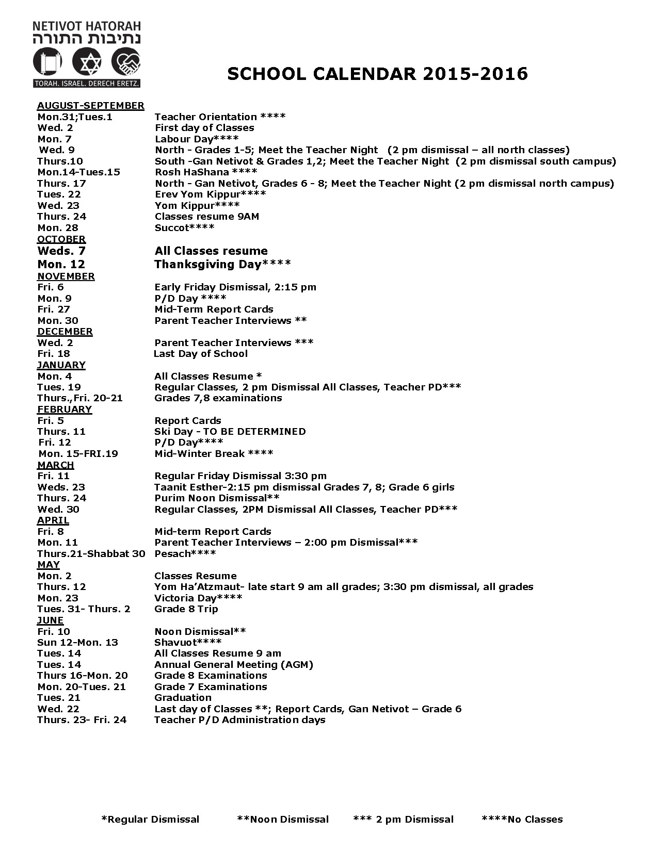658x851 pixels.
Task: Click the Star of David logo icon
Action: [87, 62]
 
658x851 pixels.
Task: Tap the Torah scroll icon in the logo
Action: [47, 62]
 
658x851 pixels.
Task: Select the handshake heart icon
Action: [126, 62]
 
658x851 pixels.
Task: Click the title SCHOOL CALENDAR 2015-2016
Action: [377, 74]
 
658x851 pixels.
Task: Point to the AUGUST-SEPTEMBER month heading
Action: [90, 106]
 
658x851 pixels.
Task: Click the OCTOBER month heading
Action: [61, 239]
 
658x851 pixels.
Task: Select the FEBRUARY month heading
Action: [65, 410]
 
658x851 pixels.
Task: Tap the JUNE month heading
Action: [50, 620]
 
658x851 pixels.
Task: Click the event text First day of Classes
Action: [204, 128]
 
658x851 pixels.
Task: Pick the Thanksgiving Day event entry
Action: [222, 265]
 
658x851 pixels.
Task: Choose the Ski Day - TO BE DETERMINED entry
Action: [230, 432]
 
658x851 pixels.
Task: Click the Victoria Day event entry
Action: [198, 598]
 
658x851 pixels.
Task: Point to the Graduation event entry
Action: [183, 698]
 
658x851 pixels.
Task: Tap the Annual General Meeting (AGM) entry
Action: [234, 665]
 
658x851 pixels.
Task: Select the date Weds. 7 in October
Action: [61, 251]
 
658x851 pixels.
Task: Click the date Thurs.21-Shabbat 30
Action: [91, 553]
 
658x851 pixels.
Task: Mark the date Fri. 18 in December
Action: [54, 354]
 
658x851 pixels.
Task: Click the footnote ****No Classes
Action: [522, 820]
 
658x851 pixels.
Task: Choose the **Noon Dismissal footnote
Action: [283, 820]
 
